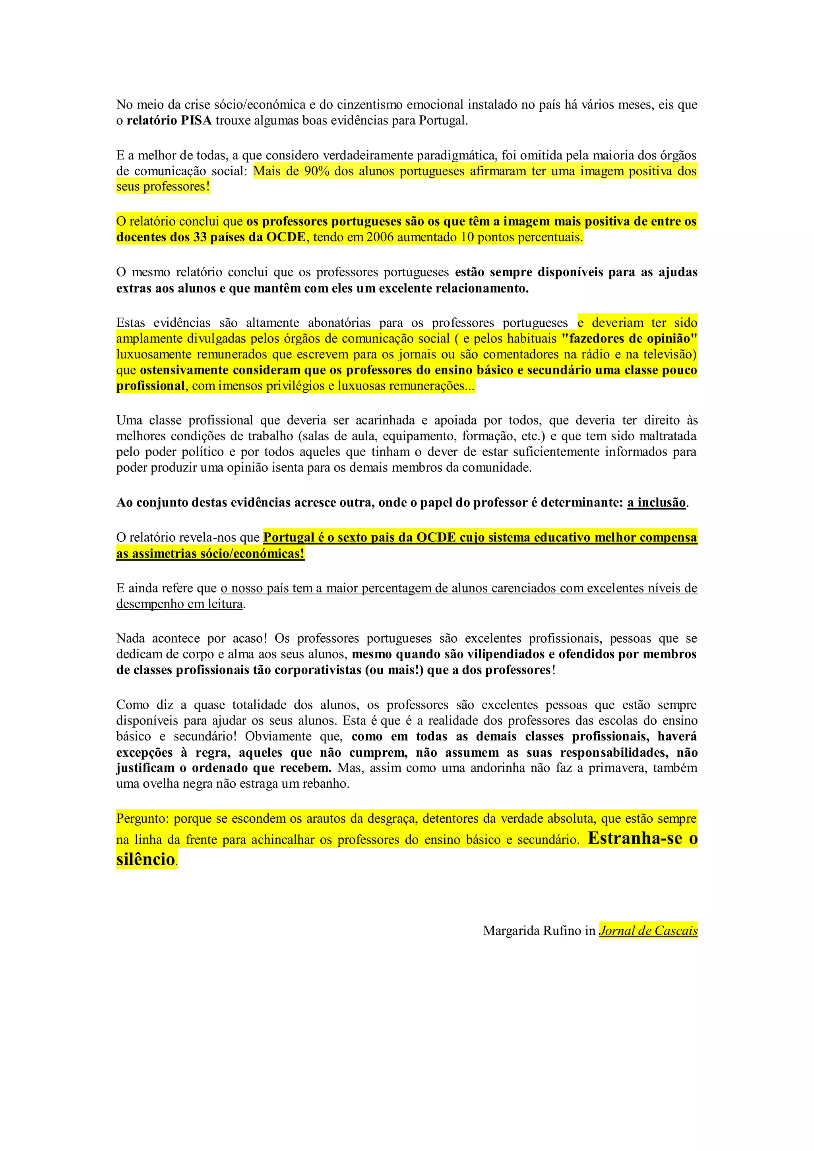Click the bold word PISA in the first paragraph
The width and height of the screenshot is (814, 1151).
tap(196, 121)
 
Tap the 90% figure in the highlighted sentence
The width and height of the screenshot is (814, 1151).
tap(316, 171)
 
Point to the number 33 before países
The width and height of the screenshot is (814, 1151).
tap(200, 238)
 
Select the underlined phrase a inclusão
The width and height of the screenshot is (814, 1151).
tap(656, 503)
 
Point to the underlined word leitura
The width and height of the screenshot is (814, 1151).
tap(225, 604)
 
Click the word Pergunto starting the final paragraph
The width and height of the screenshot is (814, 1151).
tap(142, 819)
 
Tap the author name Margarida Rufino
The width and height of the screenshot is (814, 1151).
tap(532, 931)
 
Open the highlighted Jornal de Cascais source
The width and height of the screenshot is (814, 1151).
tap(648, 931)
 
